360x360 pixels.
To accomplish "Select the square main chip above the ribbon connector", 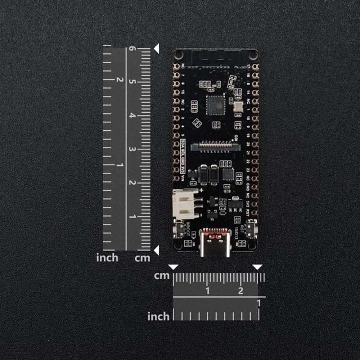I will (x=216, y=105).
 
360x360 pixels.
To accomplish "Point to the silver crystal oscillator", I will (x=238, y=106).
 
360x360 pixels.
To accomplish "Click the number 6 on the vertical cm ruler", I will (x=132, y=48).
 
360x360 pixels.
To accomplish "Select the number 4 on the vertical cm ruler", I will (x=132, y=116).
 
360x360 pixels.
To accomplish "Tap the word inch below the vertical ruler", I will (x=107, y=258).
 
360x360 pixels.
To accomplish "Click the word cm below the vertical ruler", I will (x=142, y=258).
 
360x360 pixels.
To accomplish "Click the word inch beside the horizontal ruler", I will (x=158, y=316).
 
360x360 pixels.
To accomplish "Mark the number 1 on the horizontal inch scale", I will (x=258, y=303).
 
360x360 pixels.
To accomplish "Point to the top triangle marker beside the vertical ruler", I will (x=156, y=49).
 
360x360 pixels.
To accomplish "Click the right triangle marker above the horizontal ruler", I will (x=257, y=267).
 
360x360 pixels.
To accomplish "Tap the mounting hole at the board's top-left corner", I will (x=178, y=55).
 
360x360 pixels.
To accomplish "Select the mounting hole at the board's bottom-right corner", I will (x=253, y=246).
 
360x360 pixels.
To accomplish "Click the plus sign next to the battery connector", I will (x=201, y=190).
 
